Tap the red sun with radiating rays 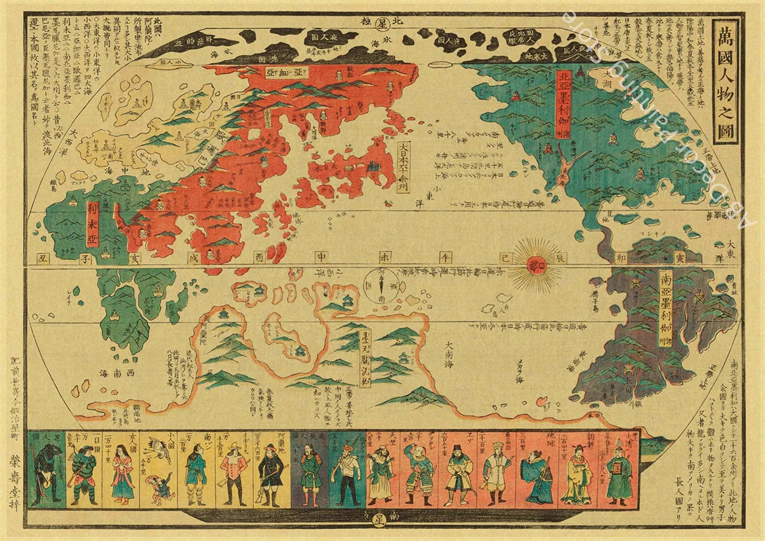coord(538,264)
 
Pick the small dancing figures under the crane coord(156,486)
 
